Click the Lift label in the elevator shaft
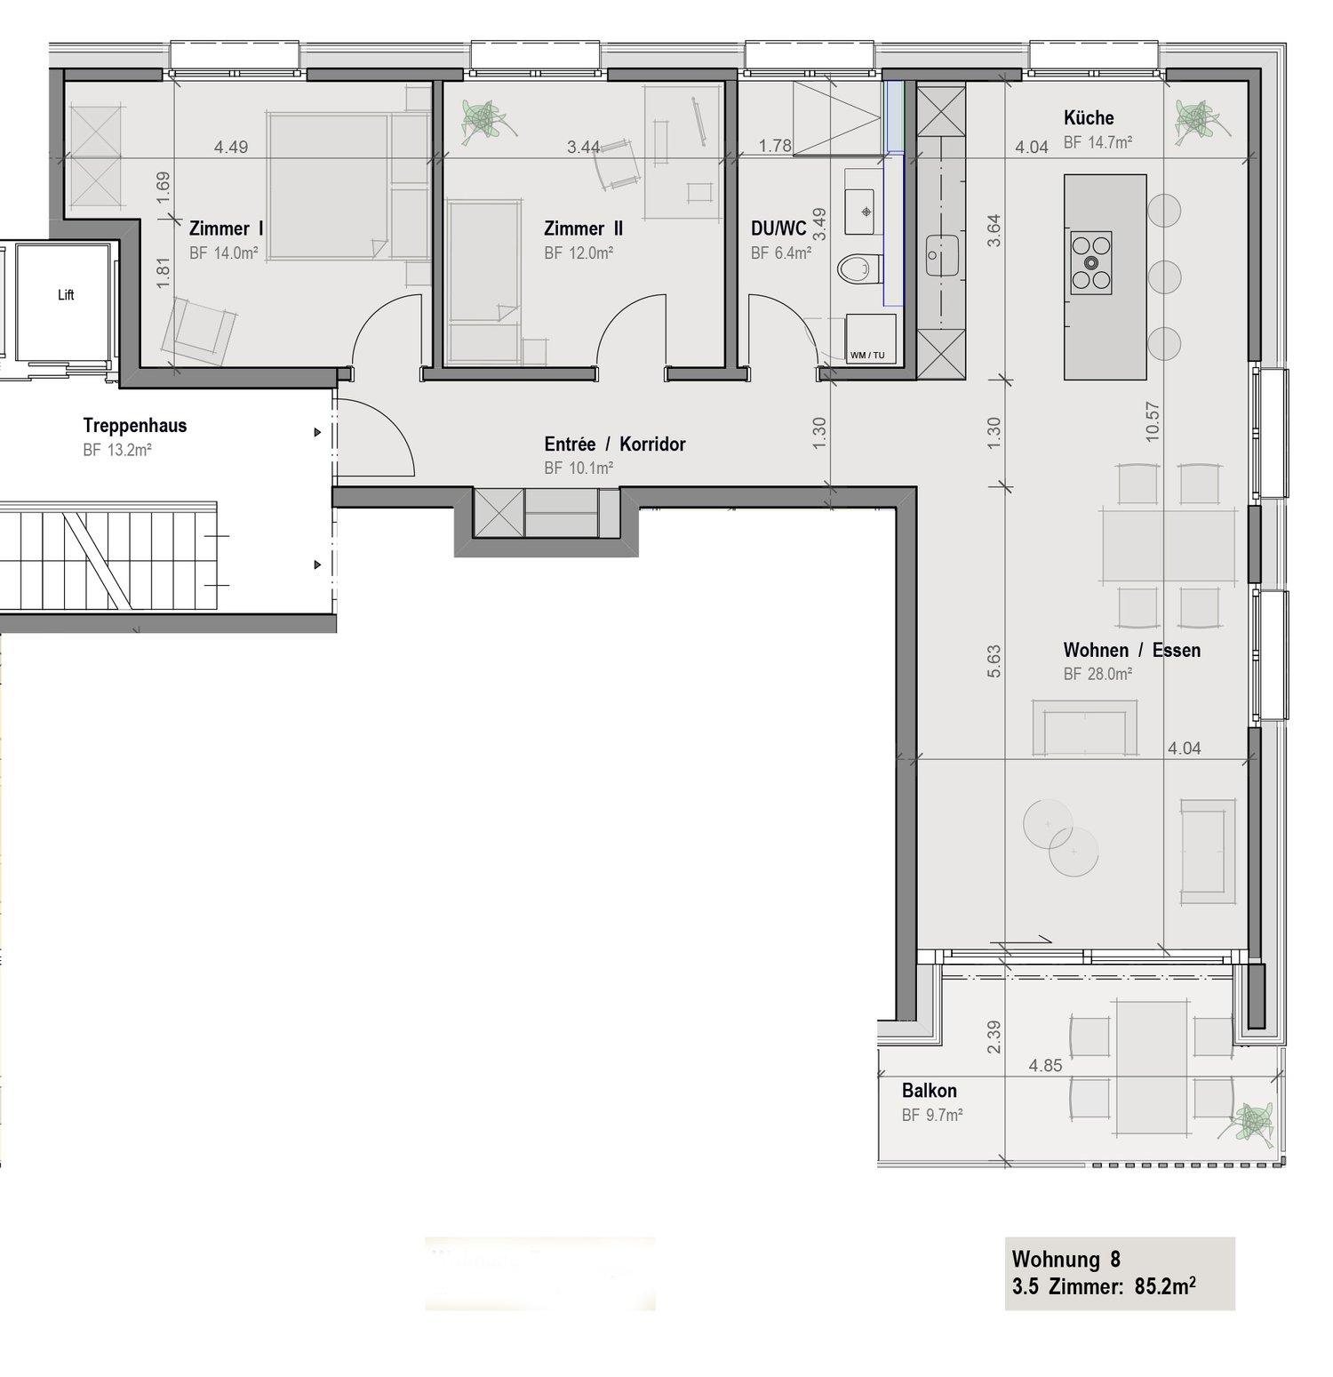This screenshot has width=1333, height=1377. pos(66,295)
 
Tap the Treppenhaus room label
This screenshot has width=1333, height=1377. pos(135,426)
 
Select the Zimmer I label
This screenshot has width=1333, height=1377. pos(226,229)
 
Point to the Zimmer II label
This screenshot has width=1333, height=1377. pos(583,229)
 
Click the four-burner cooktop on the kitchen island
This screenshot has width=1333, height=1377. pos(1090,263)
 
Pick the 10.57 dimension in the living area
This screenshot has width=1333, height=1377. pos(1153,421)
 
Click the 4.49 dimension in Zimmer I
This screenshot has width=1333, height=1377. pos(231,148)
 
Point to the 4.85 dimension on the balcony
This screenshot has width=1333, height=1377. pos(1045,1066)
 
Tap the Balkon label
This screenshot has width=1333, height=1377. pos(930,1091)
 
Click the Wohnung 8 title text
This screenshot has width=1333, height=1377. pos(1066,1260)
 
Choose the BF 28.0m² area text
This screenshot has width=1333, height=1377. pos(1098,675)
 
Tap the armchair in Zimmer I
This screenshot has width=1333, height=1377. pos(201,331)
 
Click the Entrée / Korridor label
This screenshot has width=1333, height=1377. pos(615,444)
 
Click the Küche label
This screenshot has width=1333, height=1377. pos(1089,118)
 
